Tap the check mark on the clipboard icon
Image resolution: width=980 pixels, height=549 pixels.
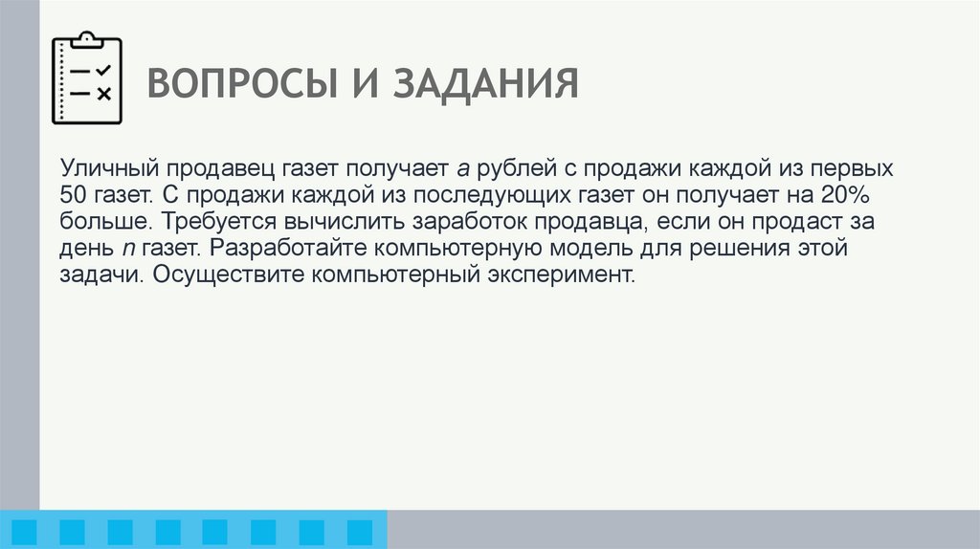coord(104,71)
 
